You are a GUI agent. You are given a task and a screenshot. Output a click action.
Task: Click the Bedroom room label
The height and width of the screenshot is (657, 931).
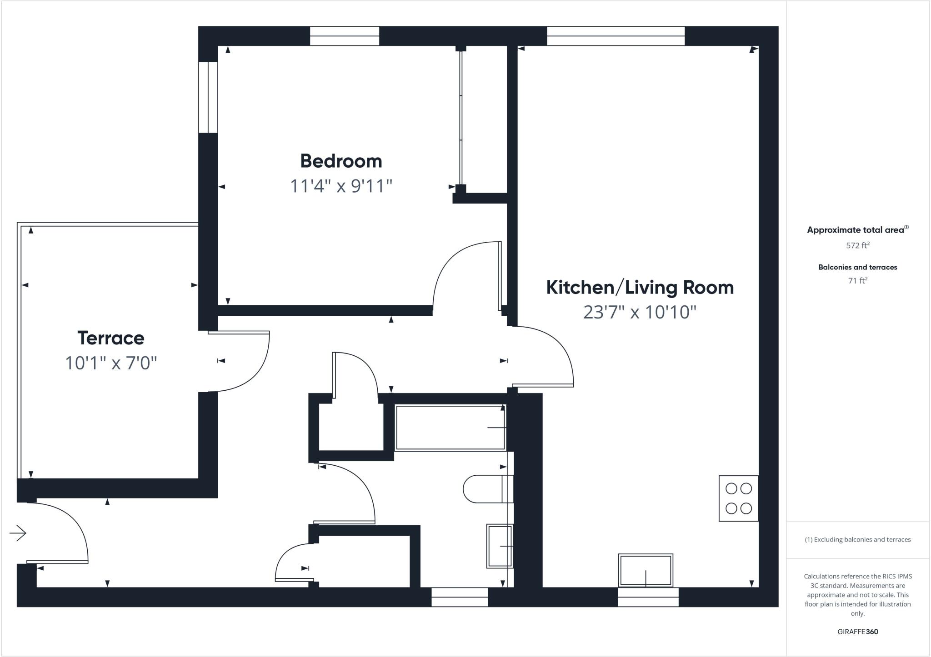tap(341, 161)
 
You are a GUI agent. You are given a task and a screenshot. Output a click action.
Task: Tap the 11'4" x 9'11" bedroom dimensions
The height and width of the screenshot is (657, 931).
tap(341, 186)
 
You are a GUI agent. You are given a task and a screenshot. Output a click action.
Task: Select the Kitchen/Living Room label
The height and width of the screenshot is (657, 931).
tap(640, 288)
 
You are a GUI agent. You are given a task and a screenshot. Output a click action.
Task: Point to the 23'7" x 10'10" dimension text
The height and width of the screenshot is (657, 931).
tap(640, 312)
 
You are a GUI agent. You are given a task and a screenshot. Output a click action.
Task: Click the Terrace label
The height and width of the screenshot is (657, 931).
tap(110, 338)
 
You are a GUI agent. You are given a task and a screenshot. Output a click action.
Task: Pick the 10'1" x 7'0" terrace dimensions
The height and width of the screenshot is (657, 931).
tap(110, 363)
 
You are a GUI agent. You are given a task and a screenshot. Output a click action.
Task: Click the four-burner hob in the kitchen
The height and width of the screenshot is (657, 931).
tap(738, 498)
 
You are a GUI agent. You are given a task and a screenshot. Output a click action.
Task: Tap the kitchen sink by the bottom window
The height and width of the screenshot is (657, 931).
tap(646, 570)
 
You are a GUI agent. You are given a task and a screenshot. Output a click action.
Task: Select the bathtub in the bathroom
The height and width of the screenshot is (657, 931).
tap(450, 428)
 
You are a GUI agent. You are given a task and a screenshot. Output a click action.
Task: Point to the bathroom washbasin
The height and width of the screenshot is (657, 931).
tap(500, 546)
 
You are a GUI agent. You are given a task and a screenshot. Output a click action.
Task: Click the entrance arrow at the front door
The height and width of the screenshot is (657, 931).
tap(18, 533)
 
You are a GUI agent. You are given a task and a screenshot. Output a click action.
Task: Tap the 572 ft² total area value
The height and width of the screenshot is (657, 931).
tap(857, 245)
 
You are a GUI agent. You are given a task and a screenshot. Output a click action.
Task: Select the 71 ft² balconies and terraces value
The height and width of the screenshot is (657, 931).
tap(857, 281)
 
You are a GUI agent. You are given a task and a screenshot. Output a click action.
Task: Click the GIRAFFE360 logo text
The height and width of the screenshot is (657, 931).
tap(857, 632)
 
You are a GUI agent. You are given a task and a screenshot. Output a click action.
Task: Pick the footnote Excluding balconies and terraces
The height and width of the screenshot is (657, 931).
tap(857, 540)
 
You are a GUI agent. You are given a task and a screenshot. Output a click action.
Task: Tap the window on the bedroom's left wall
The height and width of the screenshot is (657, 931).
tap(208, 97)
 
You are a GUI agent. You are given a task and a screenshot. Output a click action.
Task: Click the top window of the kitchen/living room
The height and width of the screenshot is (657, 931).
tap(616, 36)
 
